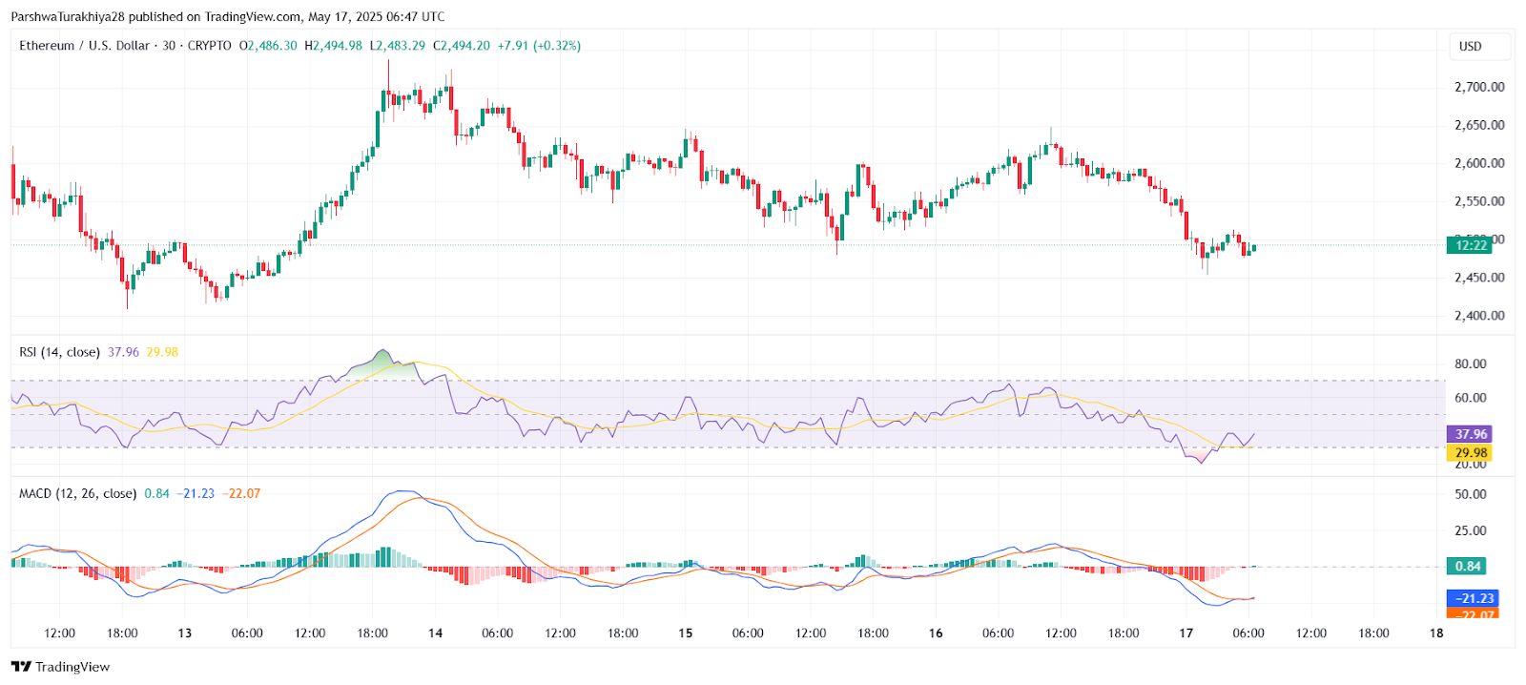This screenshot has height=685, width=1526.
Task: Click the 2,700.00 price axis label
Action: (x=1478, y=87)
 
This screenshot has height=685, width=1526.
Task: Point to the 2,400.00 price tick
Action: (x=1478, y=316)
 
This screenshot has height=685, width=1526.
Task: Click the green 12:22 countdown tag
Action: (x=1470, y=245)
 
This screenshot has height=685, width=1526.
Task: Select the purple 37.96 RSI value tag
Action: (x=1470, y=434)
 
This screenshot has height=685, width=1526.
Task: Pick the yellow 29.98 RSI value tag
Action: (x=1470, y=453)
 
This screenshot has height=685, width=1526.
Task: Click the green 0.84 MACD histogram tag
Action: (x=1467, y=567)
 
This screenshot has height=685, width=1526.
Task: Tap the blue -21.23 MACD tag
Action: (x=1474, y=598)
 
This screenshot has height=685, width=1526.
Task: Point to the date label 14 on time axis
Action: (x=435, y=633)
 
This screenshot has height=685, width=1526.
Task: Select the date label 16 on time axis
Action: (x=936, y=633)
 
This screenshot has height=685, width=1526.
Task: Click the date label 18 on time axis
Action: (x=1435, y=633)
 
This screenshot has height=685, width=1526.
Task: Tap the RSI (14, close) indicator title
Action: (x=59, y=352)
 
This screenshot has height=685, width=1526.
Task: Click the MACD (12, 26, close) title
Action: (x=77, y=493)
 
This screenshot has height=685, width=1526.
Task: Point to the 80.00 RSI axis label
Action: (x=1470, y=363)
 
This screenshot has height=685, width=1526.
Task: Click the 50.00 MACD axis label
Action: (x=1470, y=494)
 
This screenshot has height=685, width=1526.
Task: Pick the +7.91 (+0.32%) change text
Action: (x=539, y=46)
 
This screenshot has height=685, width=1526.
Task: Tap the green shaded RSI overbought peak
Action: (x=382, y=362)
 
